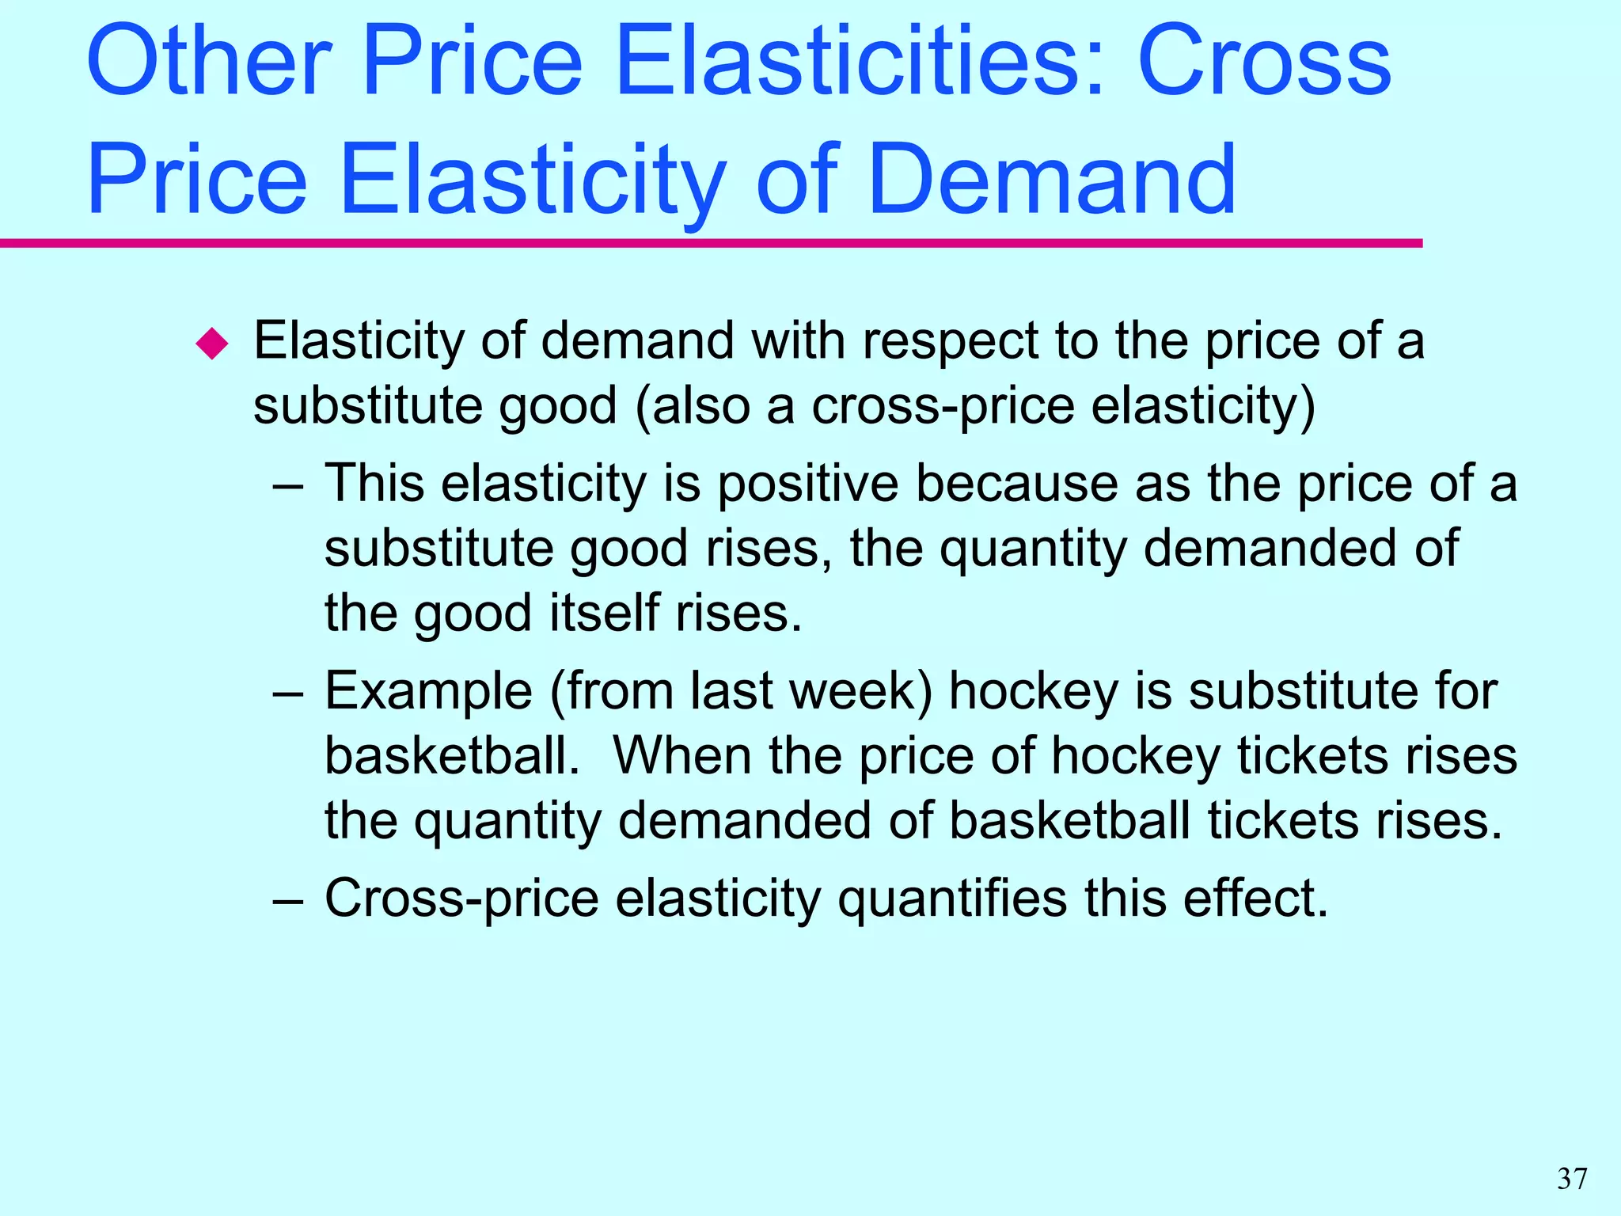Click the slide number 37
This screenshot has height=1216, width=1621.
(1572, 1179)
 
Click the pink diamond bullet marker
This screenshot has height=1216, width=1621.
(212, 344)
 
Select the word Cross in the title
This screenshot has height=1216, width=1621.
(1264, 62)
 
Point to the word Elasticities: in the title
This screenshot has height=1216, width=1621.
(858, 62)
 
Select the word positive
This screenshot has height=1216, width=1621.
(807, 484)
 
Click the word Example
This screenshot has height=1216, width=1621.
(428, 691)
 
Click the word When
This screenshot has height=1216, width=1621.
(681, 755)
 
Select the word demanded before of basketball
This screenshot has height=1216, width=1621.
(744, 820)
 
